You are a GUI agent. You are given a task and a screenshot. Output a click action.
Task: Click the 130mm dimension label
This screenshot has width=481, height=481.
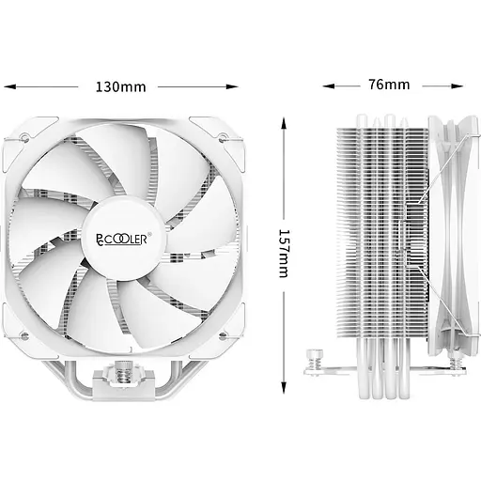(120, 86)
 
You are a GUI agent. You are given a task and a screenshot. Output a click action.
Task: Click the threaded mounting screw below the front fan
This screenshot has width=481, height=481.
(122, 374)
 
